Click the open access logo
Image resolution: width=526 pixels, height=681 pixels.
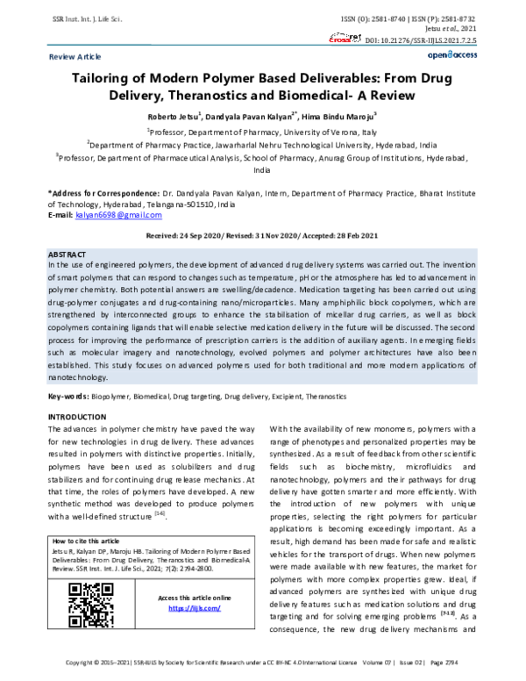pyautogui.click(x=451, y=54)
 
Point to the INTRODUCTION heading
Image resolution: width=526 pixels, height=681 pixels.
pyautogui.click(x=76, y=415)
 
